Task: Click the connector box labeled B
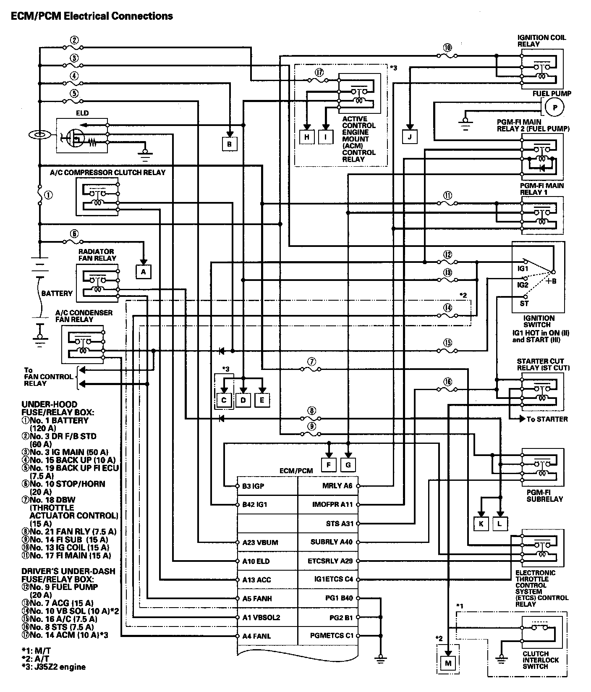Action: [229, 144]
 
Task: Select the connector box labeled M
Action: [448, 663]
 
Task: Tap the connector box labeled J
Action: [410, 137]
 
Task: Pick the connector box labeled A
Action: [143, 272]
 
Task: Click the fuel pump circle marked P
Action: [555, 107]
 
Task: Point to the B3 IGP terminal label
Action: [253, 486]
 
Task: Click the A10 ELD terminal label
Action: [256, 561]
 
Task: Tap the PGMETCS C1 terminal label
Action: [332, 635]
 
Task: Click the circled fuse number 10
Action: [447, 47]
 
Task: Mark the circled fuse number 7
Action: [311, 361]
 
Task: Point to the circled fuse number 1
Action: [49, 195]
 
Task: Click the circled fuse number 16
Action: [447, 382]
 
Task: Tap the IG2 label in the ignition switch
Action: [523, 285]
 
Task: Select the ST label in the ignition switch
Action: [524, 303]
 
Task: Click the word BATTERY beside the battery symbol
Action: [57, 293]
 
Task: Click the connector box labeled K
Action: [481, 523]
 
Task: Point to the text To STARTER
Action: [547, 419]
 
